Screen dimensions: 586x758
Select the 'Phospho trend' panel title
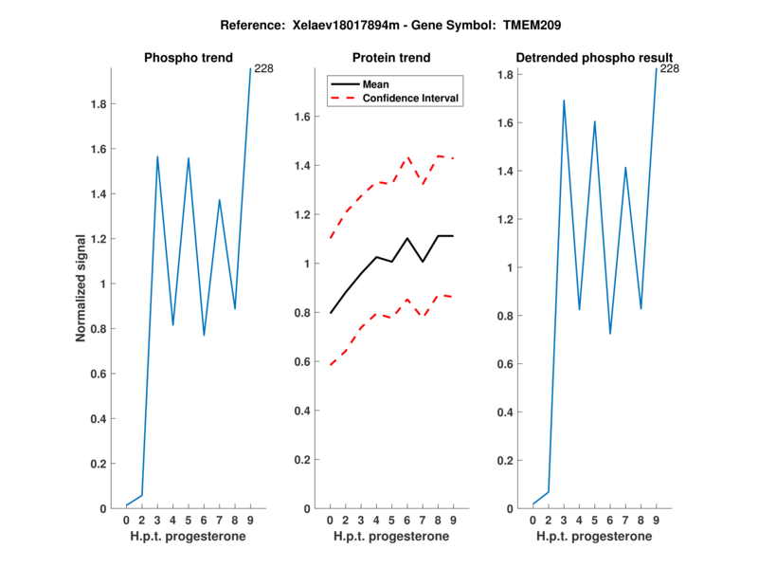point(188,58)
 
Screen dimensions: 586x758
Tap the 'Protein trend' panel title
point(391,58)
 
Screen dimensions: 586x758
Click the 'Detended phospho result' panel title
point(594,58)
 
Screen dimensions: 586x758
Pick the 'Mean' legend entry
point(376,83)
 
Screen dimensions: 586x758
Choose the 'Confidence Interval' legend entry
point(411,98)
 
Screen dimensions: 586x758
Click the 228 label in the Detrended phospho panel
point(670,68)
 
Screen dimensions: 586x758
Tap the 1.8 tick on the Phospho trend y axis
point(96,104)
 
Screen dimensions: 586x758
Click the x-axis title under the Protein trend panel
point(391,537)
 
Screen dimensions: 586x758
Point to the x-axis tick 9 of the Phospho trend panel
point(250,520)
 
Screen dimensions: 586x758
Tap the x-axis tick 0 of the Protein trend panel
point(330,520)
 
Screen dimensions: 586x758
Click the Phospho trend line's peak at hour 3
point(157,156)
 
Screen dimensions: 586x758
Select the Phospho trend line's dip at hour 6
point(204,335)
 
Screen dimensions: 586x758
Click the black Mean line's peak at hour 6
point(407,238)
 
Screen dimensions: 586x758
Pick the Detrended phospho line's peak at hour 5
point(595,121)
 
